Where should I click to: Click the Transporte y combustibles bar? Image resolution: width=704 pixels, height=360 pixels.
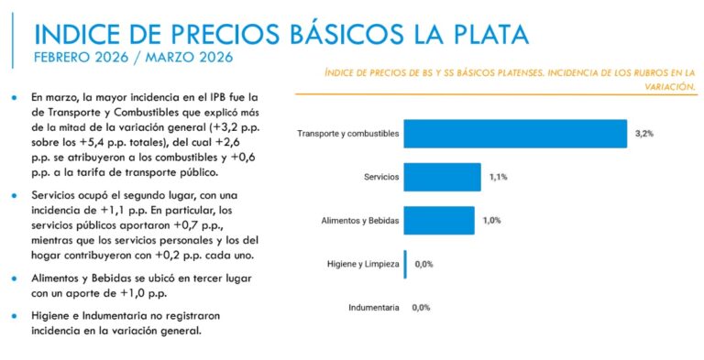(515, 134)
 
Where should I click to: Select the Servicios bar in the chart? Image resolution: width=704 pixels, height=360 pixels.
(442, 177)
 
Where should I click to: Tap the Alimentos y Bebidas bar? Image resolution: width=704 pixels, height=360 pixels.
(439, 221)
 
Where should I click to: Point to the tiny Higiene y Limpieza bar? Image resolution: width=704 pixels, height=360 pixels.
(405, 264)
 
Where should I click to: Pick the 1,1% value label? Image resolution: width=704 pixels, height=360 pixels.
(498, 177)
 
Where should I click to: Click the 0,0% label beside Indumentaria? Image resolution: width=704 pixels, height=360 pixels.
(422, 308)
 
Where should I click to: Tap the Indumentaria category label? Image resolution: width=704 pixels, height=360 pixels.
(374, 308)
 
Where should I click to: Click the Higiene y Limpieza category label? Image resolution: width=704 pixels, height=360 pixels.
(364, 264)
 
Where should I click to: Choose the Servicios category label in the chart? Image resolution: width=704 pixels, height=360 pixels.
(381, 177)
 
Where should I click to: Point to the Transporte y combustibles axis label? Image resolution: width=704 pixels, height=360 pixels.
(348, 134)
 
